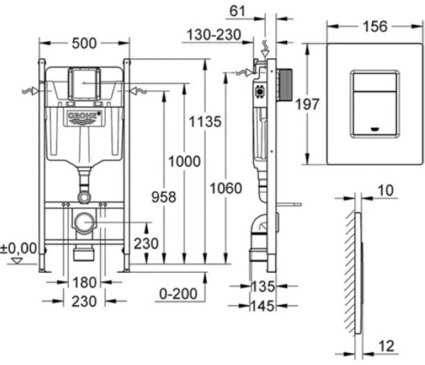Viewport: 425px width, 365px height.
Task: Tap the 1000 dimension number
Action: coord(185,160)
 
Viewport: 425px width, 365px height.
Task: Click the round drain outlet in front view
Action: coord(84,224)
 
